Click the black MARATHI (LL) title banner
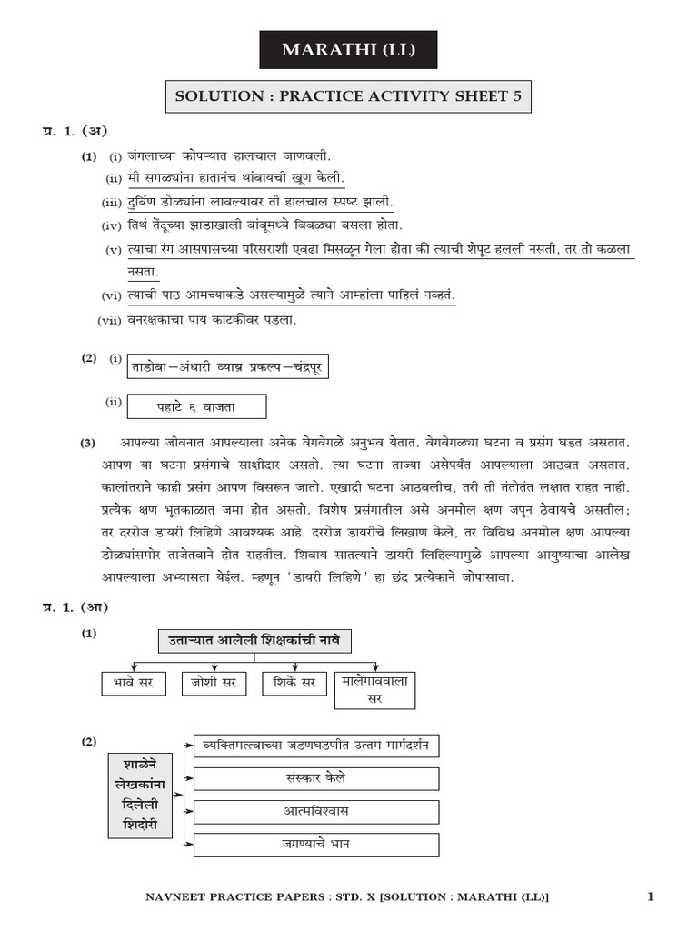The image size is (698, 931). pos(348,50)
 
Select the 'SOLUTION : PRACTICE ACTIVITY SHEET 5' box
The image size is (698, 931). pos(348,95)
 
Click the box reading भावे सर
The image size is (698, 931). pos(134,682)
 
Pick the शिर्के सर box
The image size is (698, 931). pos(294,682)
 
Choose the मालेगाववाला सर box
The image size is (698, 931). pos(374,690)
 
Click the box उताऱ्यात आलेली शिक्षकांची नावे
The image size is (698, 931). pos(254,640)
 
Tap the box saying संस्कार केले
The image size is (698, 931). pos(316,778)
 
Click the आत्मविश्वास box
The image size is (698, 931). pos(316,811)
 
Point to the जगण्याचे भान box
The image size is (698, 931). pos(316,844)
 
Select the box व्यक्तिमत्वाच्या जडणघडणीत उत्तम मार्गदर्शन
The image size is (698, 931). pos(316,746)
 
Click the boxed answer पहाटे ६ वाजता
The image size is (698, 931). pos(197,405)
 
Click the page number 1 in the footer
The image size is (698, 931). pos(651,897)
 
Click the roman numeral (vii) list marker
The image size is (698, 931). pos(109,320)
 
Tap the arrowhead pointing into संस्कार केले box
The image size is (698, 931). pos(190,778)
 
